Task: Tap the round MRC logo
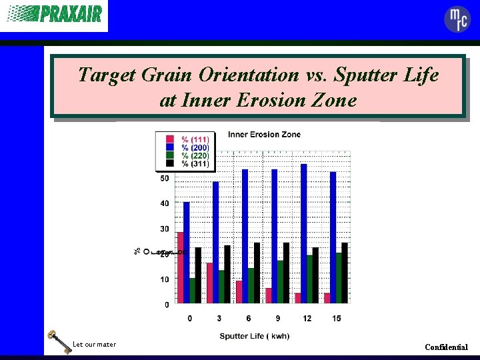[457, 19]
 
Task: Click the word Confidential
[446, 347]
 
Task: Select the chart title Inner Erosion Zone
[264, 135]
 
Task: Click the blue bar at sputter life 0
[187, 253]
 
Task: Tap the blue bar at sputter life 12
[304, 234]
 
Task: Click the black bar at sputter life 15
[345, 273]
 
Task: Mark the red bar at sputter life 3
[209, 283]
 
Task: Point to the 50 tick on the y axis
[164, 179]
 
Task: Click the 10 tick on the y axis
[164, 280]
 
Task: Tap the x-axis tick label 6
[248, 319]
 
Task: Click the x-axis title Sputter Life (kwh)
[255, 336]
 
